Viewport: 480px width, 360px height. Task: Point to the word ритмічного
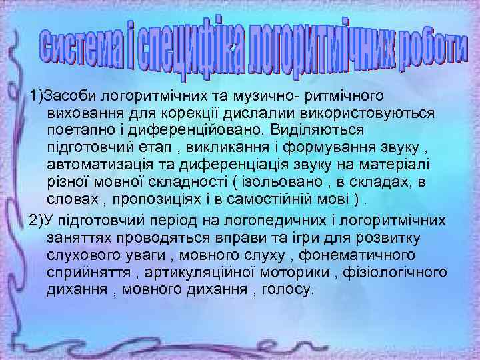[x=326, y=97]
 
